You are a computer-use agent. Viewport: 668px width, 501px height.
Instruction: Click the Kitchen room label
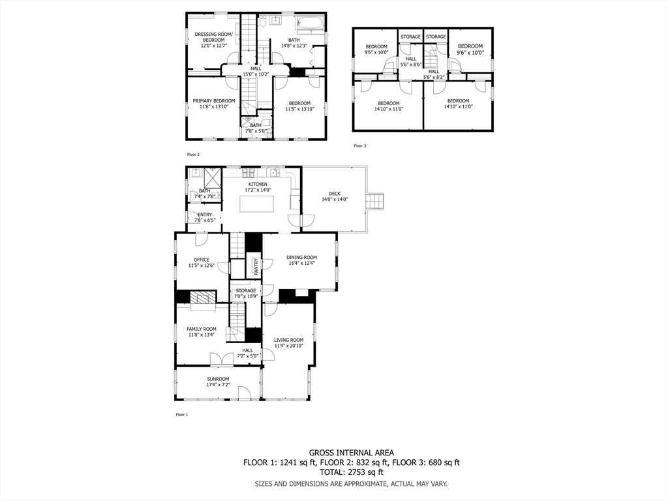(x=257, y=184)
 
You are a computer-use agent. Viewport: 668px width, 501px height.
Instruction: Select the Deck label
(x=335, y=193)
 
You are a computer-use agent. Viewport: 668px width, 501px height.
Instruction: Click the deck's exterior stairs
(x=375, y=202)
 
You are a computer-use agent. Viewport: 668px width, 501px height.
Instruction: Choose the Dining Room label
(x=301, y=257)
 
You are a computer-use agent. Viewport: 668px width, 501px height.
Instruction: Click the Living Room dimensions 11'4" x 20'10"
(x=288, y=346)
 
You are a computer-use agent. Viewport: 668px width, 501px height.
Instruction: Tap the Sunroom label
(x=218, y=379)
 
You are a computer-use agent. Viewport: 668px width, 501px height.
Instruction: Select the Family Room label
(x=201, y=329)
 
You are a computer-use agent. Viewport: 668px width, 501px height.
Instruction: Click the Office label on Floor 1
(x=201, y=260)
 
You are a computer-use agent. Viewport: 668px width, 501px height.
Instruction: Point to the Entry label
(x=204, y=215)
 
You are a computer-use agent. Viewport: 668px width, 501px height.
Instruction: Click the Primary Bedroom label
(x=213, y=100)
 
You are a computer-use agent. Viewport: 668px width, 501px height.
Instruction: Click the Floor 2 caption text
(x=193, y=155)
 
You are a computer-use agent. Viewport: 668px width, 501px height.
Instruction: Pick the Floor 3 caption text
(x=359, y=146)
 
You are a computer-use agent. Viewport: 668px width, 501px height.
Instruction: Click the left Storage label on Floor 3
(x=410, y=37)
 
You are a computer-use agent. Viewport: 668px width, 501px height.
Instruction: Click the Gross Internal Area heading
(x=351, y=453)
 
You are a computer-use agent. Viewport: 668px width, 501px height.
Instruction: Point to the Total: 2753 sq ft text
(x=351, y=472)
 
